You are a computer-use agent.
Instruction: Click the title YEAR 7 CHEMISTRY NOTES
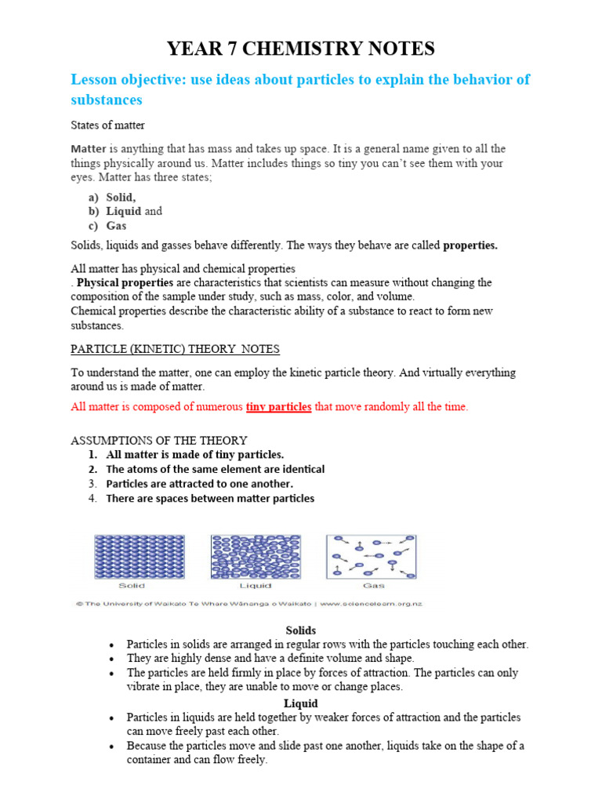[300, 49]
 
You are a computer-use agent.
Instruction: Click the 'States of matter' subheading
[107, 125]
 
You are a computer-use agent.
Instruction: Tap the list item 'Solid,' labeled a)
[121, 198]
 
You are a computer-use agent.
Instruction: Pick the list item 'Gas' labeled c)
[116, 226]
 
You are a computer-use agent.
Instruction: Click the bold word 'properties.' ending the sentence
[470, 245]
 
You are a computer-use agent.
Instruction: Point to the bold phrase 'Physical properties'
[125, 282]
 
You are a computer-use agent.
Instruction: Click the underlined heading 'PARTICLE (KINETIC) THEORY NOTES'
[175, 349]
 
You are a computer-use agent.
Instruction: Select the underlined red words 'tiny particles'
[278, 406]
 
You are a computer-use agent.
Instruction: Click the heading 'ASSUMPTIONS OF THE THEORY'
[159, 441]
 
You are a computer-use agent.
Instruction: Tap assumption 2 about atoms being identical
[215, 469]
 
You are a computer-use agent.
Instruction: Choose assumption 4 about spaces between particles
[209, 498]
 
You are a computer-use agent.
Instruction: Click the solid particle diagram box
[132, 557]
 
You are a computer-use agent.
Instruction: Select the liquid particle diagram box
[256, 557]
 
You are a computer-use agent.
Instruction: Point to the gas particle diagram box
[371, 557]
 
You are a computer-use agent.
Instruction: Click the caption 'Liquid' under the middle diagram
[256, 586]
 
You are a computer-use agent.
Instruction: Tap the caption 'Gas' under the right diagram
[373, 586]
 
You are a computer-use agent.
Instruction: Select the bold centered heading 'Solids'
[300, 630]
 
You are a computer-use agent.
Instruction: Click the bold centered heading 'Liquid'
[300, 703]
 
